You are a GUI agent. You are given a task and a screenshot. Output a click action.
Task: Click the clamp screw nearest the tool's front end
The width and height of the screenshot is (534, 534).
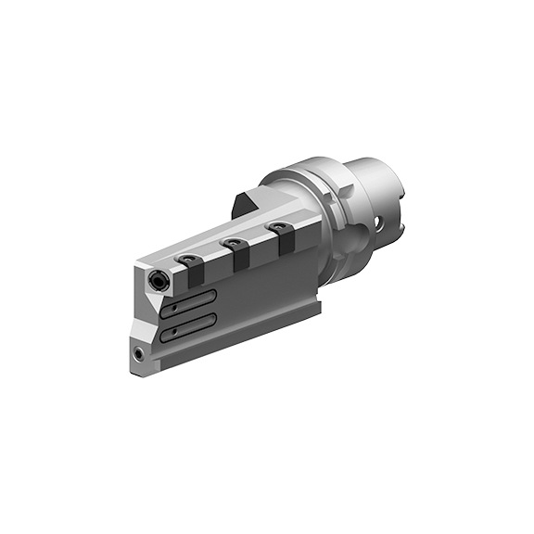click(x=188, y=260)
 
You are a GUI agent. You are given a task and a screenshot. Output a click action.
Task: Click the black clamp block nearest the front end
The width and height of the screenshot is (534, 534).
click(x=196, y=274)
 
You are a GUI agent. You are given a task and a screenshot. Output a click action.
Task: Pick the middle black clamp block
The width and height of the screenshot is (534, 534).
click(x=239, y=256)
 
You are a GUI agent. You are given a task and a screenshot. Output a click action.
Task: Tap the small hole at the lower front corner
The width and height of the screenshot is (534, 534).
click(x=139, y=352)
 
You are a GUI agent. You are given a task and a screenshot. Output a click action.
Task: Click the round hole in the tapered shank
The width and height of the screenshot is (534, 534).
click(x=381, y=222)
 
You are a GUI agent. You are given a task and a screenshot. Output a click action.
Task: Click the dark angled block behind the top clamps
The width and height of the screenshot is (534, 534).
click(x=246, y=205)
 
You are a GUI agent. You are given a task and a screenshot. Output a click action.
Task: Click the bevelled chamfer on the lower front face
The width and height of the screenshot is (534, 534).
click(x=144, y=329)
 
